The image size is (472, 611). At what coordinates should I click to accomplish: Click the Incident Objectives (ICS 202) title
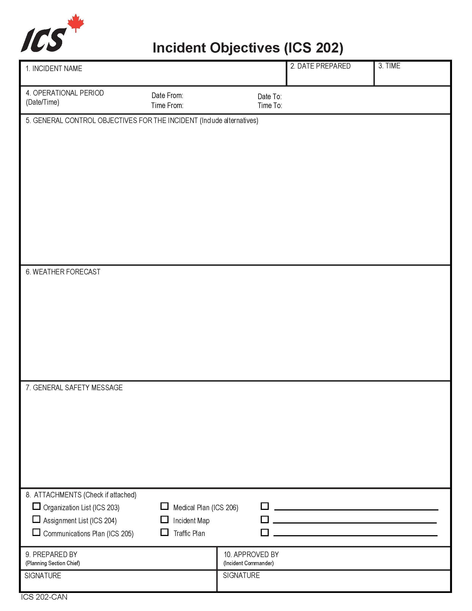[248, 48]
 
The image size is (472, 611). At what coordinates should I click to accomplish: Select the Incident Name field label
[54, 69]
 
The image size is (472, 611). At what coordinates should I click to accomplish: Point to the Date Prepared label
[320, 66]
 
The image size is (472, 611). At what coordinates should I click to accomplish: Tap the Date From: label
[167, 96]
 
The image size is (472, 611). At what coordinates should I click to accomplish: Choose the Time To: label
[270, 106]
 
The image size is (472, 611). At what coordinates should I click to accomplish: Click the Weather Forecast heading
[63, 272]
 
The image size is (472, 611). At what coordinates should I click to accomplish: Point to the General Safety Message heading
[74, 388]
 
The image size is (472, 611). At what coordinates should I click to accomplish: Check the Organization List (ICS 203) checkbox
[37, 506]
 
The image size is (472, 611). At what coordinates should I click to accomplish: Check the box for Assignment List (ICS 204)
[37, 519]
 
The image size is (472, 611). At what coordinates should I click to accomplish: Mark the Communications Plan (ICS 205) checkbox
[37, 532]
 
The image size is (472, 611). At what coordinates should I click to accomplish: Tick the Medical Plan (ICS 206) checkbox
[165, 506]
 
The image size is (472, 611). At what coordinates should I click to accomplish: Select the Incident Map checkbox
[165, 520]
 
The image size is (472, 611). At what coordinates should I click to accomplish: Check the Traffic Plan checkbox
[165, 532]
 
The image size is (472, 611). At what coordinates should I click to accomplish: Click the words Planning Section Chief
[52, 563]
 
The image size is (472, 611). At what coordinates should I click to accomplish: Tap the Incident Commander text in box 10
[248, 563]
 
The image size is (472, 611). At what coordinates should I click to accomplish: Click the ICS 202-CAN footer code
[44, 597]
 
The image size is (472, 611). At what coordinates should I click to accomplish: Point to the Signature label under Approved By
[241, 575]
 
